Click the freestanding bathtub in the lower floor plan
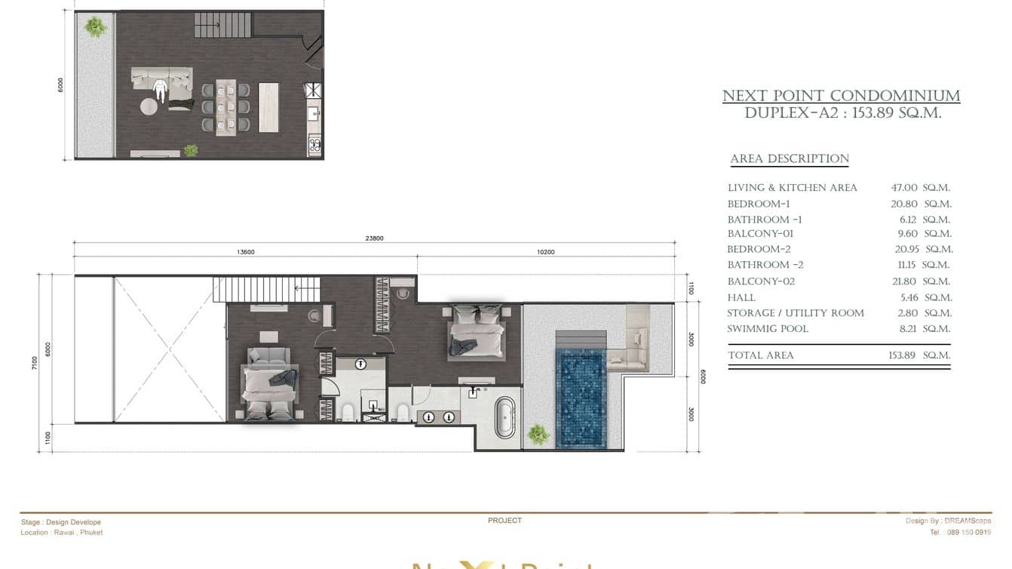[505, 417]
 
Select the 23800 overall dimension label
[374, 238]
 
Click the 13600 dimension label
[246, 252]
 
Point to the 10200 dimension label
[545, 252]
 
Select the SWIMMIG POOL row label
[767, 329]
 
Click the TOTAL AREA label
[760, 355]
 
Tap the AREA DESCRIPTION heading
[790, 159]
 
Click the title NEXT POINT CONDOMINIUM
[841, 97]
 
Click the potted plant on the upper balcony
[96, 27]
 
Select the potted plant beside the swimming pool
[538, 434]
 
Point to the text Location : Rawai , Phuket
[62, 533]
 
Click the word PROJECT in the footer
[504, 521]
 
